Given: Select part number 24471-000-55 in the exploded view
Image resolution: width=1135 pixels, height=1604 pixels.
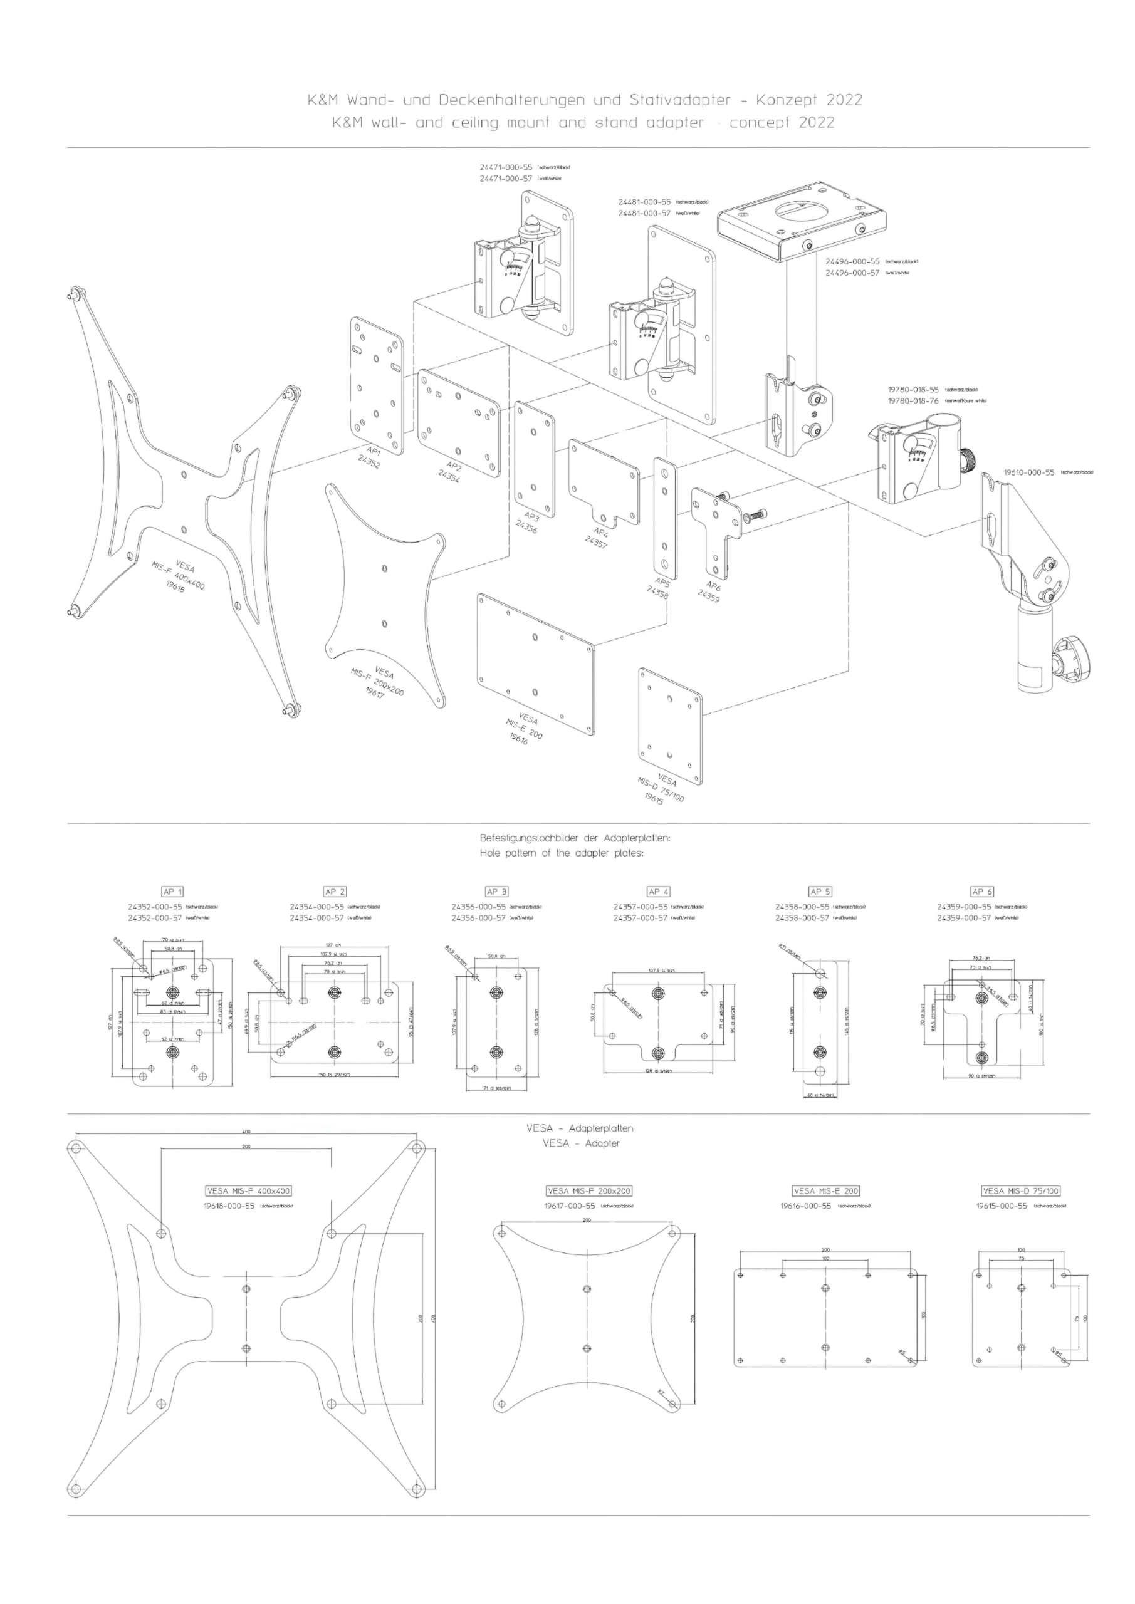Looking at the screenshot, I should coord(505,168).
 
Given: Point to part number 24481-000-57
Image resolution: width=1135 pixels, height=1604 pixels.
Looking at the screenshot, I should coord(644,213).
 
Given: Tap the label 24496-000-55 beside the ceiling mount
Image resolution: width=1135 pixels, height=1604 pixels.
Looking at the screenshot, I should coord(852,261).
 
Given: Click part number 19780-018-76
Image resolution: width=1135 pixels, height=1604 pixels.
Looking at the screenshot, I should coord(913,401).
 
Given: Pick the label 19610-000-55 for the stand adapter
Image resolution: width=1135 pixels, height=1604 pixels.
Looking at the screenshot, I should coord(1028,473).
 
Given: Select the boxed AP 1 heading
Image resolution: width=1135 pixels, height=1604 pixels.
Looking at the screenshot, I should coord(172,892).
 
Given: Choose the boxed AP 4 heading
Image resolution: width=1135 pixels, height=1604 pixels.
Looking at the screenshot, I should coord(657,892).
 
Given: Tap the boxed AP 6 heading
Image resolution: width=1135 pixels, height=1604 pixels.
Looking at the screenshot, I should coord(981,892).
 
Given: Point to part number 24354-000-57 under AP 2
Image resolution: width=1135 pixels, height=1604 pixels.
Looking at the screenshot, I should coord(316,918).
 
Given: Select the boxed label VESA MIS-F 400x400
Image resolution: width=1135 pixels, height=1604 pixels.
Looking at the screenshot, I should coord(249,1191).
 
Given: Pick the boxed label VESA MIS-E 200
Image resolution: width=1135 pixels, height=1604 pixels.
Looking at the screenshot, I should coord(825,1190).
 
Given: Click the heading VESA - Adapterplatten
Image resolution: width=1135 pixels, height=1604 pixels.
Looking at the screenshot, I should coord(580,1128).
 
